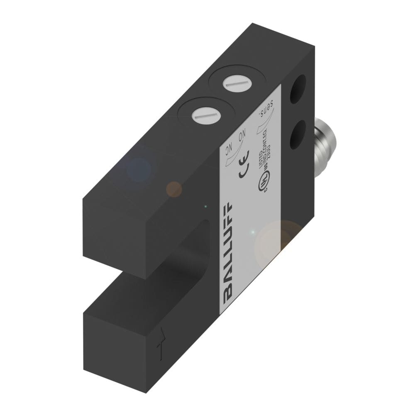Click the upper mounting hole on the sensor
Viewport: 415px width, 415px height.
pos(298,89)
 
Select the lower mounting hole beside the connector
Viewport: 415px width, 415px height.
pos(298,135)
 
